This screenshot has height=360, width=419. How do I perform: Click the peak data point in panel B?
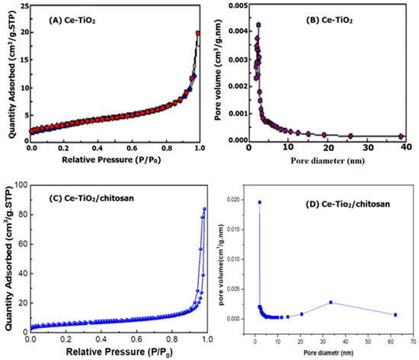tap(259, 24)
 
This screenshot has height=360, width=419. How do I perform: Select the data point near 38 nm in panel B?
tap(402, 136)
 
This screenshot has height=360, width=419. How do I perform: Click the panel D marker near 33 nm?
tap(331, 303)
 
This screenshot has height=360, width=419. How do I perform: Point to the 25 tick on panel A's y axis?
tap(22, 5)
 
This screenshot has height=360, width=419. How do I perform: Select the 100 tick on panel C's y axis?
tap(18, 185)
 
